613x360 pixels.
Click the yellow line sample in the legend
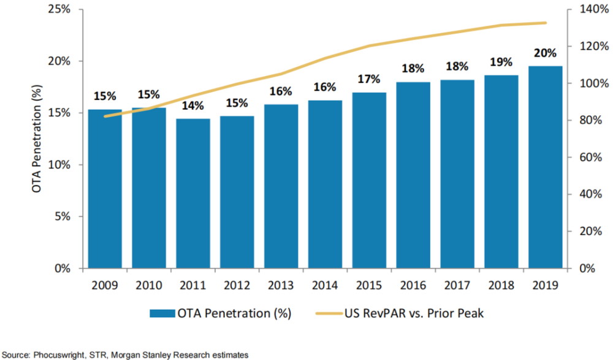(x=331, y=313)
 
